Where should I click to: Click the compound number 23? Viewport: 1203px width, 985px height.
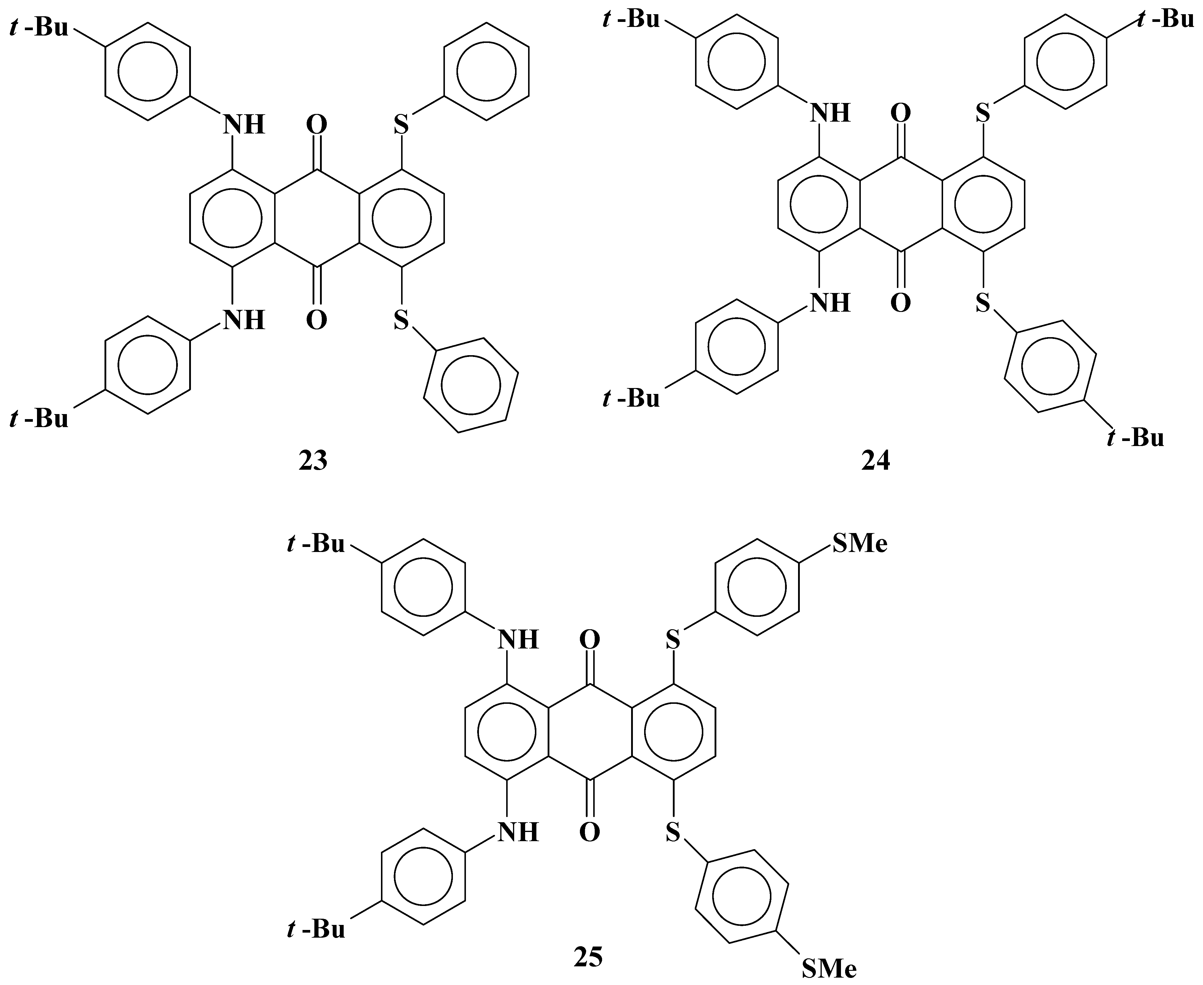tap(313, 461)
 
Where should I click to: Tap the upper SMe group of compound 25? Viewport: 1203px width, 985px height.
tap(860, 544)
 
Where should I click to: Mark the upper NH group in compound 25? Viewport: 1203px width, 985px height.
tap(518, 640)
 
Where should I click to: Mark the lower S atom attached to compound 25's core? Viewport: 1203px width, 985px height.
tap(673, 833)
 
